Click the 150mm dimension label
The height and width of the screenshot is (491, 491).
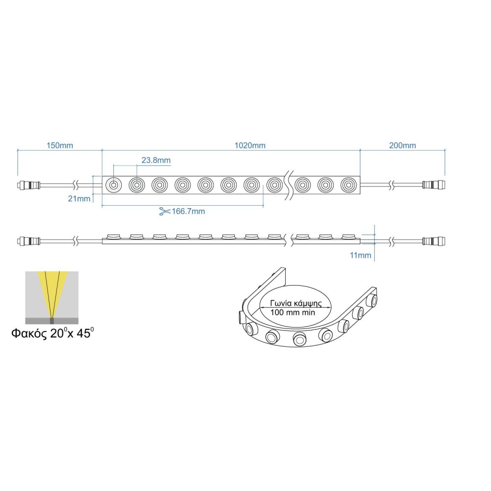tap(59, 146)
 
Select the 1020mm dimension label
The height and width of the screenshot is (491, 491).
tap(250, 146)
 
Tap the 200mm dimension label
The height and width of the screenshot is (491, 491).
tap(402, 146)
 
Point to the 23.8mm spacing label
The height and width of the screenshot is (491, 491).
tap(156, 161)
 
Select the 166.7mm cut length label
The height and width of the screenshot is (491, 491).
tap(188, 212)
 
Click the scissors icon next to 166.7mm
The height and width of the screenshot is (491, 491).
tap(164, 212)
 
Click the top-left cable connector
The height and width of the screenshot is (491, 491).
tap(29, 186)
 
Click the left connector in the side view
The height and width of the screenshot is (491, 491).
tap(29, 241)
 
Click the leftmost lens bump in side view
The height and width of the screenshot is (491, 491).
tap(113, 237)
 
